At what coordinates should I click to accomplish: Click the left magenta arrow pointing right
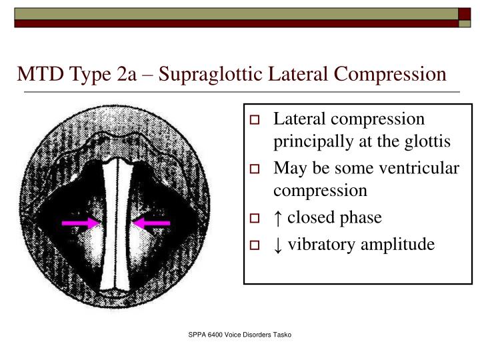[79, 223]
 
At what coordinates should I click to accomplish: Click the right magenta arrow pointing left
[151, 223]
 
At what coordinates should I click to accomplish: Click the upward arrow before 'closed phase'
[277, 218]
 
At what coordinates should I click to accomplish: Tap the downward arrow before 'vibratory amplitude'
[277, 245]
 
